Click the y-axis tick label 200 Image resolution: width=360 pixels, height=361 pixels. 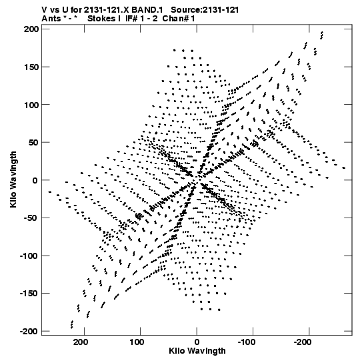(x=31, y=29)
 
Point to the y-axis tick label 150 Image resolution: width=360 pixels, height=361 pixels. (x=31, y=67)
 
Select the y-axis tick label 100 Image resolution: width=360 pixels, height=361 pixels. (x=31, y=105)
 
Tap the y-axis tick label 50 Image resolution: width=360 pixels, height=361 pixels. (x=33, y=143)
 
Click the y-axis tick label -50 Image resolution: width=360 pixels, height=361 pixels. (x=31, y=218)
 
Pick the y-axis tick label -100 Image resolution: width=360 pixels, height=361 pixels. (x=29, y=256)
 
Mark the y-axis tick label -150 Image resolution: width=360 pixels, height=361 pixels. (x=29, y=294)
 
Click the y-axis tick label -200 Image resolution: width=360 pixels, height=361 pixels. (x=29, y=331)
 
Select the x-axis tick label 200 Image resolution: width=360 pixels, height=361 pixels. (x=81, y=342)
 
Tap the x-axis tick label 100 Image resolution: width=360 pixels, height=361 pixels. (x=137, y=342)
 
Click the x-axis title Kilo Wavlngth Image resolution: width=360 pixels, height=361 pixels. (x=197, y=352)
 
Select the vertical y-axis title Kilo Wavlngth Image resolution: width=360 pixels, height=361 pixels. (x=13, y=179)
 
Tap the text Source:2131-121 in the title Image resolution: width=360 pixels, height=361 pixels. (x=205, y=10)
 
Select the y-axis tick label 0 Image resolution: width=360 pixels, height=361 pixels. (x=35, y=180)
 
